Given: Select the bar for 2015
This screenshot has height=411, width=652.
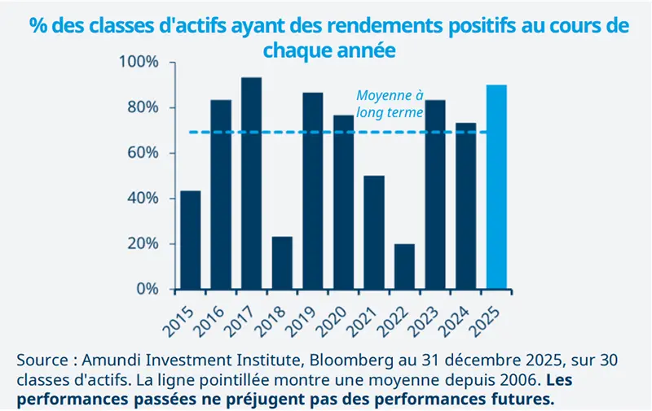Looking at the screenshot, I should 191,240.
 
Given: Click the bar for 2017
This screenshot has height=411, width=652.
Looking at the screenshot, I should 252,183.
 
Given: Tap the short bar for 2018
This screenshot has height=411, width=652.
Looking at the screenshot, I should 282,263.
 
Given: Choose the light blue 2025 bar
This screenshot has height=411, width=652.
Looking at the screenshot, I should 496,187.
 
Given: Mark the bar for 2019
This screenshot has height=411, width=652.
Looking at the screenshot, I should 313,191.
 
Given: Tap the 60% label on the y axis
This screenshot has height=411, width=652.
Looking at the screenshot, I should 143,153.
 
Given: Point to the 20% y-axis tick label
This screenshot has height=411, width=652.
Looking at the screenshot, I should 143,244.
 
